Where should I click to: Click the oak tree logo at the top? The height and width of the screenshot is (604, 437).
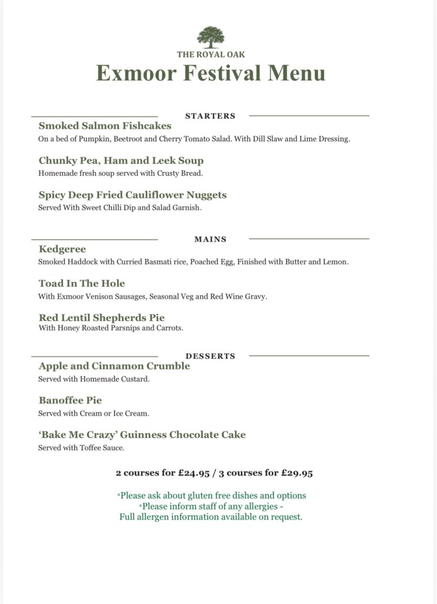(211, 37)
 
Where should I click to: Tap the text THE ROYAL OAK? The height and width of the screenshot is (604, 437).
(211, 54)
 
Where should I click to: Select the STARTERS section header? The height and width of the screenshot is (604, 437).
(210, 116)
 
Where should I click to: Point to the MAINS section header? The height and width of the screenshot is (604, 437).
(210, 239)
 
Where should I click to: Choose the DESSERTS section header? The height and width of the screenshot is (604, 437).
(210, 356)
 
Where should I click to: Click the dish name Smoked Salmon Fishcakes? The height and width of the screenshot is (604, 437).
(105, 126)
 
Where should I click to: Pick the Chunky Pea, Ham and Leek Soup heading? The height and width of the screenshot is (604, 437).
(121, 160)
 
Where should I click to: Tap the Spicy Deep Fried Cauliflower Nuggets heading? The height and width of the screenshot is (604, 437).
(133, 195)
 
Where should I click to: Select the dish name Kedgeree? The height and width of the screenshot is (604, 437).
(62, 249)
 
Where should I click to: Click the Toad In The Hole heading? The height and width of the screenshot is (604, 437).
(82, 283)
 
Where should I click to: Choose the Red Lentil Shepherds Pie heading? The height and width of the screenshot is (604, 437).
(101, 317)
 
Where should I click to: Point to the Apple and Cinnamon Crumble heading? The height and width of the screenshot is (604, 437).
(114, 366)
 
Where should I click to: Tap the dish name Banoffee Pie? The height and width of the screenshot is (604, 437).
(70, 400)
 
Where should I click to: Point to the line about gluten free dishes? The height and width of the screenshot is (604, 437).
(212, 495)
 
